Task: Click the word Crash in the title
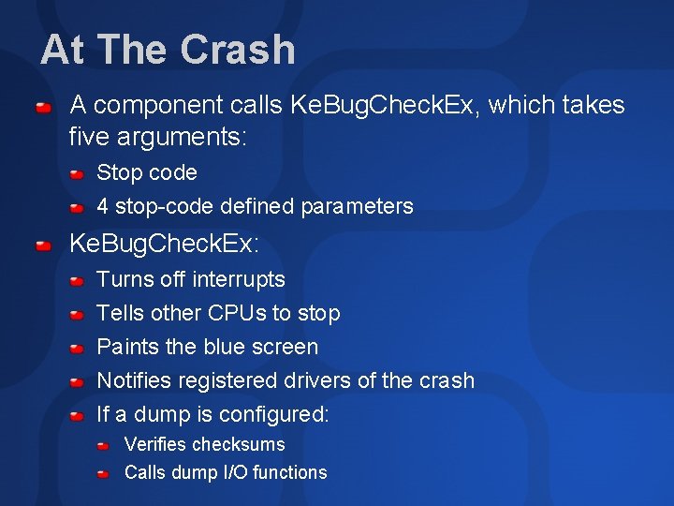239,50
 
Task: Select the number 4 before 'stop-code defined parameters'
103,206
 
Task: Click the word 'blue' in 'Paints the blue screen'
227,347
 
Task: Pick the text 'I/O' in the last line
234,472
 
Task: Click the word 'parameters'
360,206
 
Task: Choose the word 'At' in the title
63,50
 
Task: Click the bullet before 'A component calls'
43,109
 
